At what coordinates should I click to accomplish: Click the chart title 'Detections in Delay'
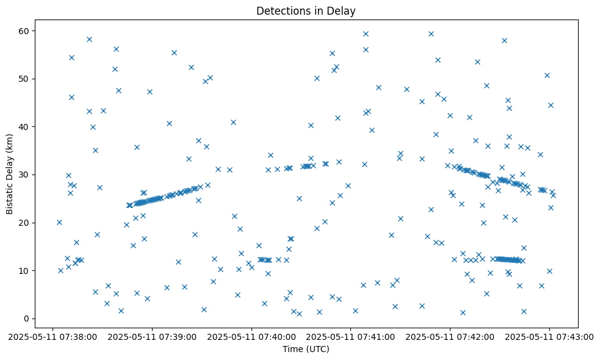[306, 11]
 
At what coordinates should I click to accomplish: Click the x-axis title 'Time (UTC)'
[306, 349]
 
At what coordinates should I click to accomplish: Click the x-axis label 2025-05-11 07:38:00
[52, 336]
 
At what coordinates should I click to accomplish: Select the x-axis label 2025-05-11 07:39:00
[152, 336]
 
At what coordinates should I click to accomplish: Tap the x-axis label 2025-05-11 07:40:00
[251, 336]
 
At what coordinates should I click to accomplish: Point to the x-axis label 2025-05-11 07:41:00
[351, 336]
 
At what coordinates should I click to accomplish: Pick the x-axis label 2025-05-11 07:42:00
[450, 336]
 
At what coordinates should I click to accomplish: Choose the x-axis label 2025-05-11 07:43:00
[549, 336]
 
